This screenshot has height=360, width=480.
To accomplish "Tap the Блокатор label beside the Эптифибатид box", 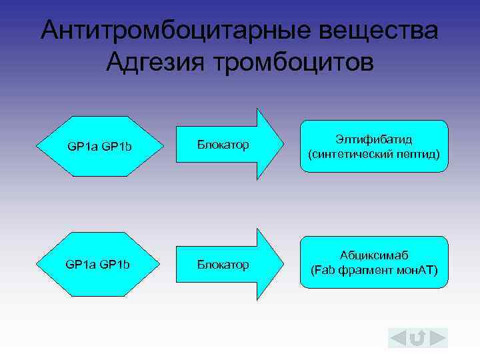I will pyautogui.click(x=223, y=145).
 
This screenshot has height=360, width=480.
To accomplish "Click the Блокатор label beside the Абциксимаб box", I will pyautogui.click(x=223, y=265).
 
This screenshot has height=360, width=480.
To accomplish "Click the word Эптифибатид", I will pyautogui.click(x=374, y=139).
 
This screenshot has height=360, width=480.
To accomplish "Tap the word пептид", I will pyautogui.click(x=417, y=154).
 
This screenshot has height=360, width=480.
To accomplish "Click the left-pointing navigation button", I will pyautogui.click(x=399, y=339).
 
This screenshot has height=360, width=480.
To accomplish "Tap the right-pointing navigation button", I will pyautogui.click(x=437, y=339).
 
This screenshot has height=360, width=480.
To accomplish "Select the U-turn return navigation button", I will pyautogui.click(x=418, y=339).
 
